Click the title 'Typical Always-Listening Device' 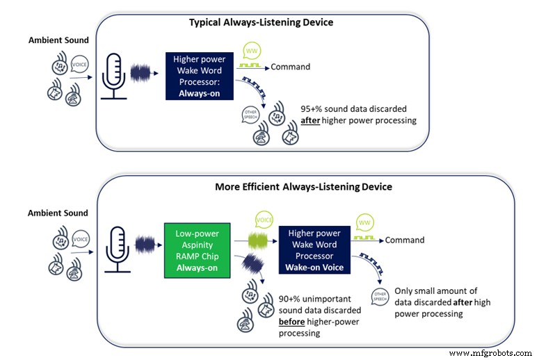click(261, 22)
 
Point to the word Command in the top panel click(290, 67)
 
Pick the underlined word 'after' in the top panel click(312, 120)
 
